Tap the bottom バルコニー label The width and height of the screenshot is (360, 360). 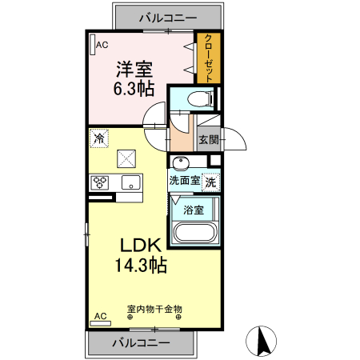click(140, 342)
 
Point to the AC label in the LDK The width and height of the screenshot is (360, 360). click(101, 316)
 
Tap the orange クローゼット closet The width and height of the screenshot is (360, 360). click(207, 58)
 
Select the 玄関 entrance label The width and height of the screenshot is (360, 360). click(208, 139)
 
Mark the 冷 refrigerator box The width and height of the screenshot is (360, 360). click(99, 138)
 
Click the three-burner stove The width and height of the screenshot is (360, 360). click(100, 183)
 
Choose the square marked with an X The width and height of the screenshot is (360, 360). click(126, 158)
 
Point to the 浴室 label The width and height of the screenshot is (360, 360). click(193, 210)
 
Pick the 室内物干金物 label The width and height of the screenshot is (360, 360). click(154, 308)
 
